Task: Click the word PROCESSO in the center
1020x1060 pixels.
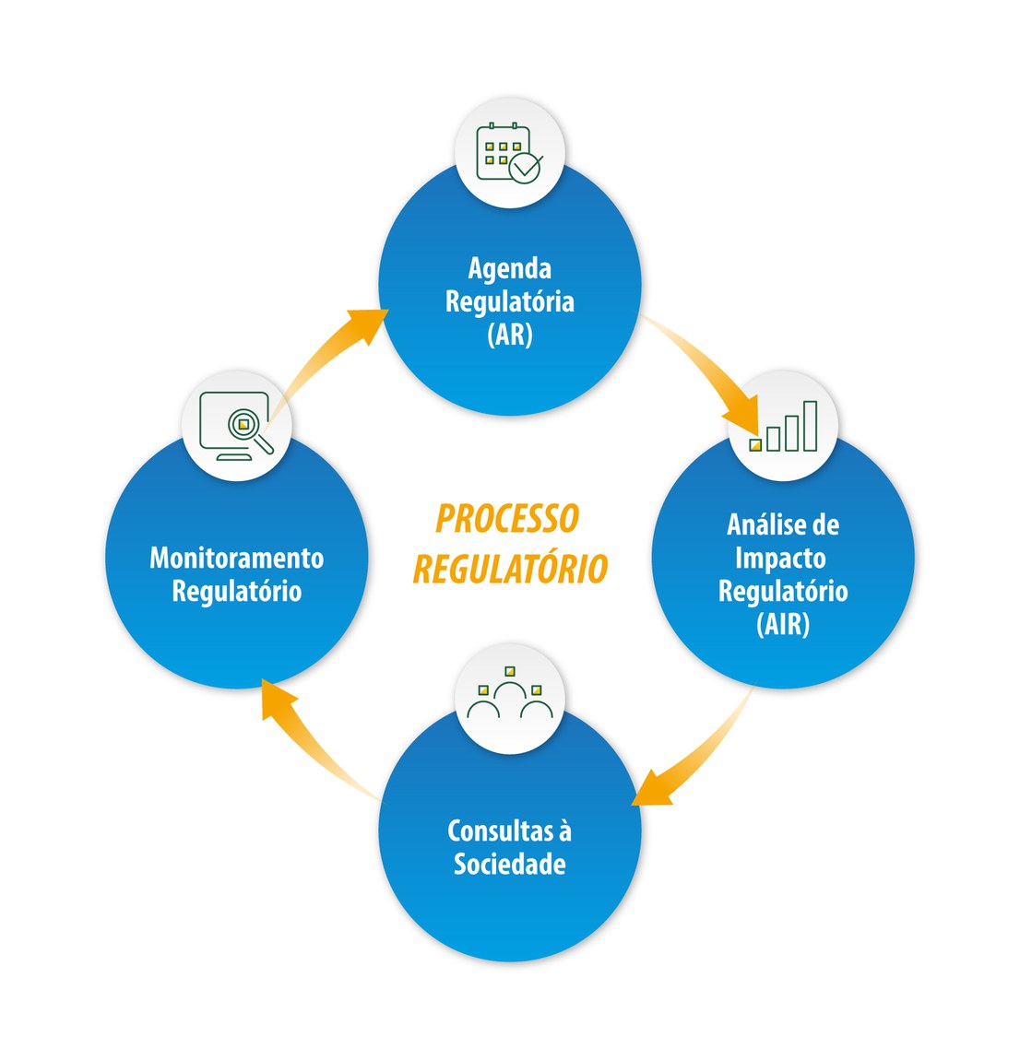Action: coord(507,519)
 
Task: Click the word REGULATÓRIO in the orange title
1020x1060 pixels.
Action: coord(510,569)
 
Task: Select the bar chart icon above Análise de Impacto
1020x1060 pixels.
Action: coord(784,426)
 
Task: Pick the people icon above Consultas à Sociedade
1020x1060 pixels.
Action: coord(510,694)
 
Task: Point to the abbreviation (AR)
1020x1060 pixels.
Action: coord(510,334)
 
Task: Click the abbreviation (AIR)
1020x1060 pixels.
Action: coord(783,624)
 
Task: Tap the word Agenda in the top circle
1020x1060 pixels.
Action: coord(510,268)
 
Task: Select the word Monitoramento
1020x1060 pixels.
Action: coord(237,558)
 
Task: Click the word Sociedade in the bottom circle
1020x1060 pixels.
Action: coord(510,865)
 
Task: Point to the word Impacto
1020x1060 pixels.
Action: coord(780,558)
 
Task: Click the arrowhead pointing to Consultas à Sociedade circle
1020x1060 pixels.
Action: coord(651,788)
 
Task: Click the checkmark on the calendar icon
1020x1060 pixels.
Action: coord(527,168)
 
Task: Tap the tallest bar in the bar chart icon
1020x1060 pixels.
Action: coord(810,426)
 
